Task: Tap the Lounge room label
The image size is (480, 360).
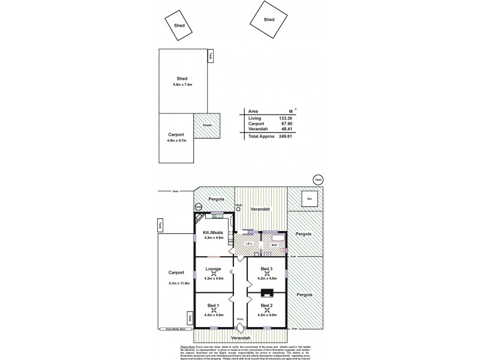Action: point(213,269)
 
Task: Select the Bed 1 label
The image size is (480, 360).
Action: point(213,305)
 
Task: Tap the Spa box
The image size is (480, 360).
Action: point(310,199)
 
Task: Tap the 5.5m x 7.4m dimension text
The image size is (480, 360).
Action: point(182,85)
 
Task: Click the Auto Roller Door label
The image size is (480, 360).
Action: point(172,329)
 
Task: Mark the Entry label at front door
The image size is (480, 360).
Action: point(240,319)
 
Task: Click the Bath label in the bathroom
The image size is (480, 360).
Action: point(274,245)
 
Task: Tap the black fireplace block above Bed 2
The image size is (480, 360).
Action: point(268,293)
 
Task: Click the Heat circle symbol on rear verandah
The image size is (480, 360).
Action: point(238,209)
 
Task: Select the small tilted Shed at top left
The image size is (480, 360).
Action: point(179,26)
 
